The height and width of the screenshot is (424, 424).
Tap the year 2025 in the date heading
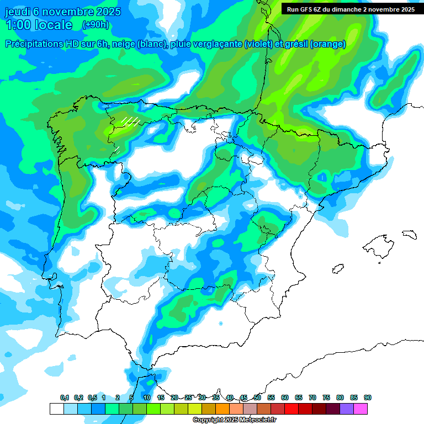point(108,12)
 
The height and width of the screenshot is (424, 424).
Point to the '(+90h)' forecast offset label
point(96,25)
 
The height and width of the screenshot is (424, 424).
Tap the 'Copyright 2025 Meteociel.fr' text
point(235,420)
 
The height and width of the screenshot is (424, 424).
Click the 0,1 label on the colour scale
point(65,398)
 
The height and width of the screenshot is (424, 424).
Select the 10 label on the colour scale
point(147,398)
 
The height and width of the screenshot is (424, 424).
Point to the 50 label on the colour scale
point(257,398)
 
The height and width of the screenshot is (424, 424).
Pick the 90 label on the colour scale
point(368,398)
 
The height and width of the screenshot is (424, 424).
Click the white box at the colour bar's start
point(56,409)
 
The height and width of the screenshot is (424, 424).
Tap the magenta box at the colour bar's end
point(361,409)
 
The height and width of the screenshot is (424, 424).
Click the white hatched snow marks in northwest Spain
point(130,121)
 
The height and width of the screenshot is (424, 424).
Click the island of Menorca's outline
point(409,234)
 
